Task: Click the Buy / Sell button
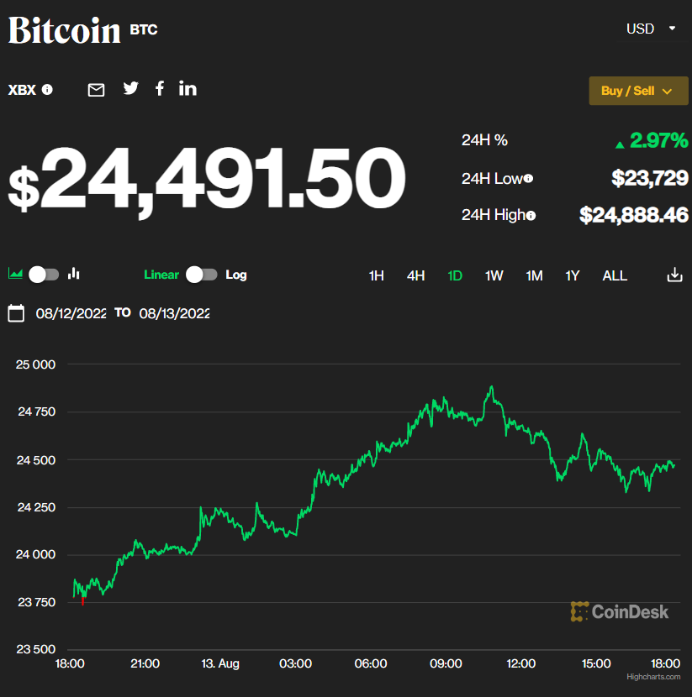638,91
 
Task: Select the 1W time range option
494,275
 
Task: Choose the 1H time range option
377,275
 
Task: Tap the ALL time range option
615,275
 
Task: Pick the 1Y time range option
573,275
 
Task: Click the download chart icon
674,275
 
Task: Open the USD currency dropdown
651,29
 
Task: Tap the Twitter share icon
130,88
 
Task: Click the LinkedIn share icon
188,88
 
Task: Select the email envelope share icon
97,90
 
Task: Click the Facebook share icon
160,88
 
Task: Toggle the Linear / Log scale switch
202,275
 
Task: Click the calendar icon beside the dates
16,313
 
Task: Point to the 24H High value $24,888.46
634,215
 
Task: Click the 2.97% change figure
658,140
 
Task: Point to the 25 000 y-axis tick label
35,364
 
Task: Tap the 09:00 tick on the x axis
446,663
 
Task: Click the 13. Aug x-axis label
220,663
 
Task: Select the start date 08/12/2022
71,313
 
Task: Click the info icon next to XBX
47,90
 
